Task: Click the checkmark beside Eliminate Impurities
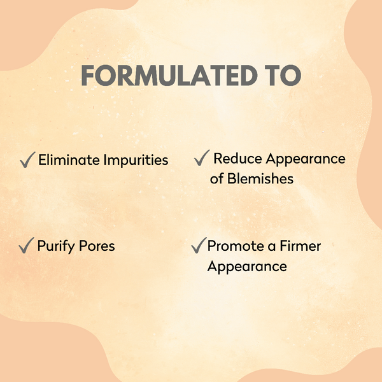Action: click(x=27, y=160)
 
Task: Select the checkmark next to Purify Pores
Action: click(x=27, y=245)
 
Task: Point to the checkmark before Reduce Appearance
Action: click(x=202, y=158)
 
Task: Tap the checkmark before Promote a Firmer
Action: click(x=199, y=245)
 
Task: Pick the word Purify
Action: click(x=56, y=246)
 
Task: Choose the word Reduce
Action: click(x=236, y=159)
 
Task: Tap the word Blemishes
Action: click(x=261, y=179)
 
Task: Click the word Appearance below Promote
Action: click(x=247, y=266)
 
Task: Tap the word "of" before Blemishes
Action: click(x=217, y=179)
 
